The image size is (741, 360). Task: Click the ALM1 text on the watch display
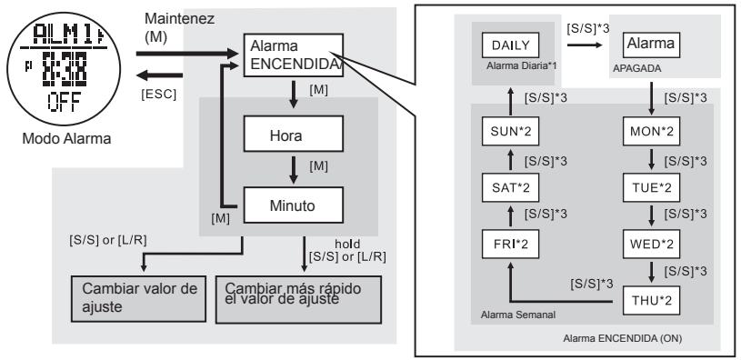pyautogui.click(x=55, y=41)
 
